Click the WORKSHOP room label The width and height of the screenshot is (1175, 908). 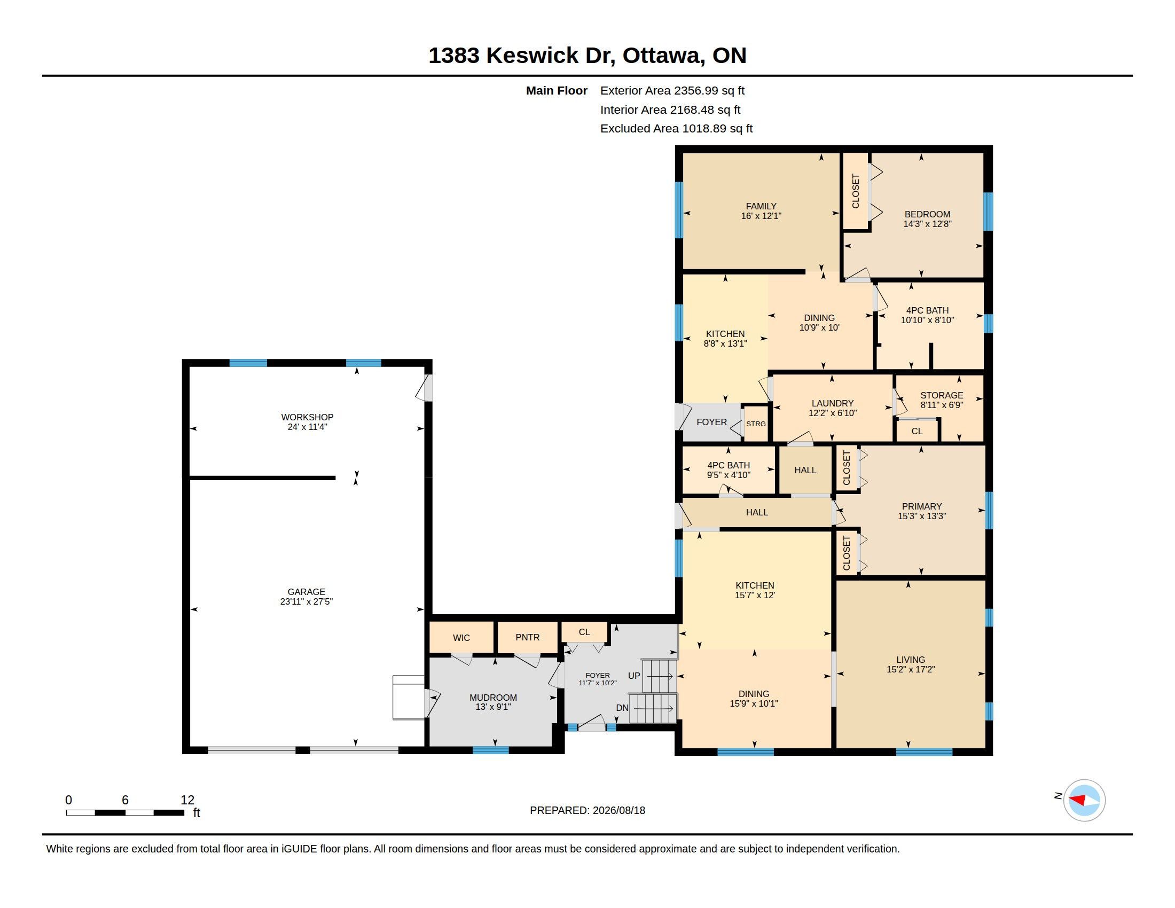tap(307, 417)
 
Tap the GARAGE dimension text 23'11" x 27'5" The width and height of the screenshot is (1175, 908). tap(307, 601)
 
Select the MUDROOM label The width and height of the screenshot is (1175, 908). tap(493, 698)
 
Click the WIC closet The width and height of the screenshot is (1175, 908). tap(461, 637)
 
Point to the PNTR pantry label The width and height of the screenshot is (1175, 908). tap(527, 637)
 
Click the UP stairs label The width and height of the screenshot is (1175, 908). tap(634, 676)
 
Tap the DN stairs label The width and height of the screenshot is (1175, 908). tap(622, 708)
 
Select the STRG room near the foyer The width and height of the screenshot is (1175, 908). tap(756, 424)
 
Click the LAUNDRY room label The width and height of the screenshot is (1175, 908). tap(832, 403)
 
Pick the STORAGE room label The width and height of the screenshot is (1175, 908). tap(942, 395)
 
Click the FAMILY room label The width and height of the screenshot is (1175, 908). tap(761, 206)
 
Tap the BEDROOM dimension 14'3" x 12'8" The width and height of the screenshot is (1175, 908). tap(928, 224)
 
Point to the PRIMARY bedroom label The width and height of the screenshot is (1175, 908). tap(922, 506)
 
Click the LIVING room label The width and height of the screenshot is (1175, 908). tap(911, 660)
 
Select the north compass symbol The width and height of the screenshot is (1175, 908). tap(1084, 800)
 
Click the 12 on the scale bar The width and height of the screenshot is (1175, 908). tap(187, 800)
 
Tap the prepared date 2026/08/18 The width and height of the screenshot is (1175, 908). tap(618, 810)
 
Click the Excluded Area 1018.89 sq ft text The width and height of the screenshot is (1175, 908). tap(676, 129)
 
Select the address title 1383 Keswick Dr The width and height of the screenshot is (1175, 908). tap(521, 56)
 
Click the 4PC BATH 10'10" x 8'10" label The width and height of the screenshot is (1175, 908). tap(928, 315)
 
